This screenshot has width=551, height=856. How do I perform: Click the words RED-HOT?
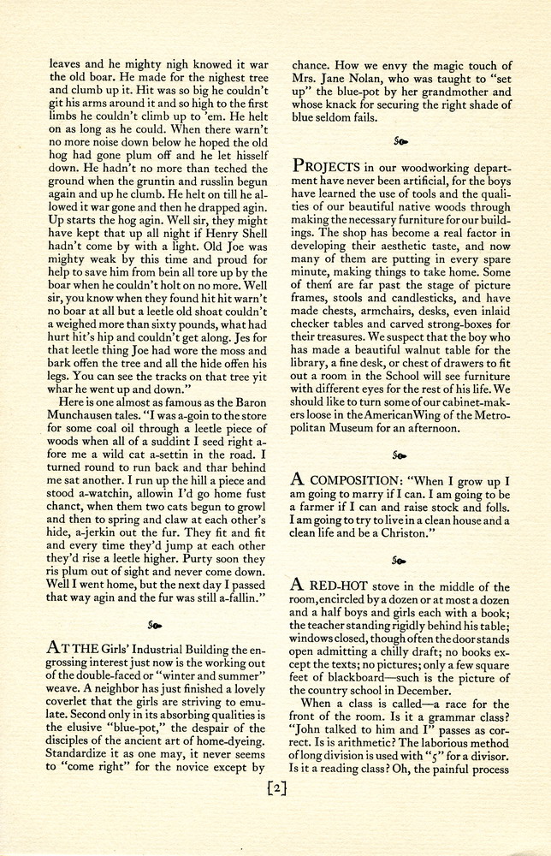click(341, 586)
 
